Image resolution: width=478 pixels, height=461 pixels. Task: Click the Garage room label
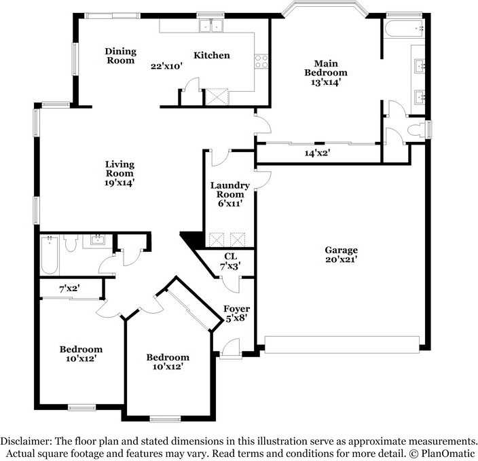[341, 250]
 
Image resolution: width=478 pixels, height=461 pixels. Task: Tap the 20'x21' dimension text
[341, 259]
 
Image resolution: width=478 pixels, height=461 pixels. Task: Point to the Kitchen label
[212, 56]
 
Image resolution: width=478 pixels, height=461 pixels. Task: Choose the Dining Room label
[120, 56]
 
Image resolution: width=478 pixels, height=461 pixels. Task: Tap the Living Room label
[119, 168]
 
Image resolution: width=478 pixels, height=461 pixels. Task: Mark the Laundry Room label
[229, 189]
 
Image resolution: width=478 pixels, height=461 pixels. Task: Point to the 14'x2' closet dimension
[317, 153]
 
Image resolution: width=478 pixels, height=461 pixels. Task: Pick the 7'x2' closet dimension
[70, 289]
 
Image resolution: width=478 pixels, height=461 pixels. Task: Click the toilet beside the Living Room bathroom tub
[69, 243]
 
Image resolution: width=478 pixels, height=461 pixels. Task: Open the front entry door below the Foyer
[229, 350]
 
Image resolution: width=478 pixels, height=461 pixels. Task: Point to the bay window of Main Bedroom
[325, 10]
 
